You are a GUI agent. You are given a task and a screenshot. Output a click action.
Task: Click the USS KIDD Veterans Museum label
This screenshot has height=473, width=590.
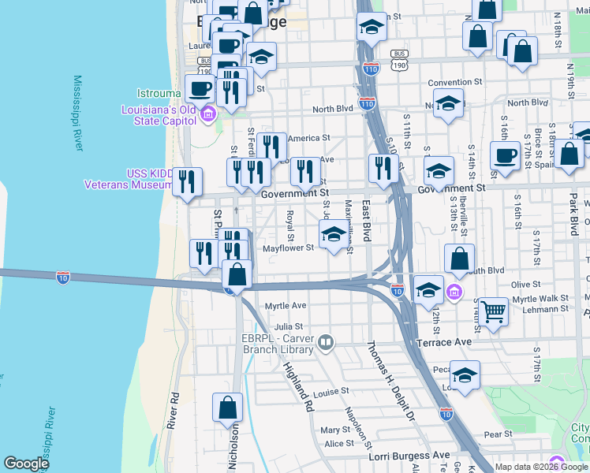point(129,179)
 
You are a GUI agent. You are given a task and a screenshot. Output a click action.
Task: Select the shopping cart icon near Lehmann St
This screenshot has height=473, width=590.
point(493,310)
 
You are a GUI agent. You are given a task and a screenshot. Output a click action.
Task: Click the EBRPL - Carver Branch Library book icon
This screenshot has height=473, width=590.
point(326,342)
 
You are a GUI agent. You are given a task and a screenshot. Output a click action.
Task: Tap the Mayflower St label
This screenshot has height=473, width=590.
point(289,248)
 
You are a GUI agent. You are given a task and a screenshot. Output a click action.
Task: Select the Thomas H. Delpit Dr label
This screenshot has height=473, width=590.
point(387,379)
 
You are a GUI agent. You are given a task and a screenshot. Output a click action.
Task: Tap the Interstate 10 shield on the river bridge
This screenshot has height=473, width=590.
point(63,277)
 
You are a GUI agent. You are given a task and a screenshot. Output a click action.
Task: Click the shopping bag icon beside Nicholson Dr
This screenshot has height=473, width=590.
point(227,408)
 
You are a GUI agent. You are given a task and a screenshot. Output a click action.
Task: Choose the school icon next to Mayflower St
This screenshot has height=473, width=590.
point(334,234)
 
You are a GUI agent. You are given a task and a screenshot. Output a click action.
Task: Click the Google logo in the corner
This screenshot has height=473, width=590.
point(26,464)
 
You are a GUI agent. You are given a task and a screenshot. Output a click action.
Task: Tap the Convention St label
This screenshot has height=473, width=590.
point(454,82)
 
